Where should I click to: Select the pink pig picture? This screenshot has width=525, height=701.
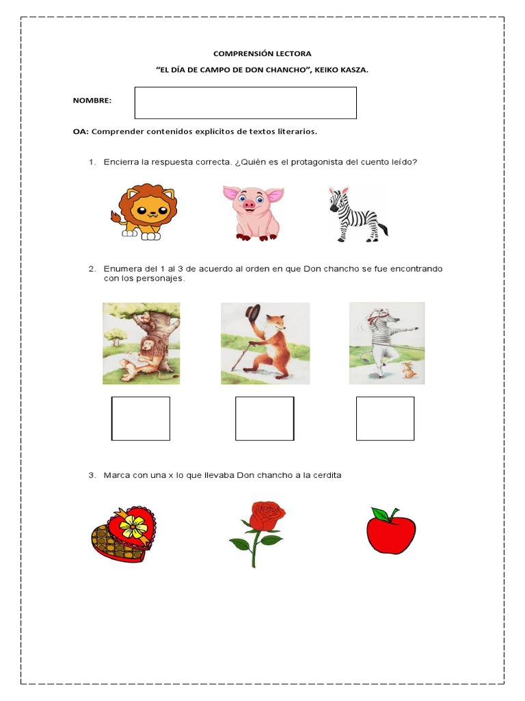click(x=252, y=212)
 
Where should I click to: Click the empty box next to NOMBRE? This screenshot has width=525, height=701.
click(x=245, y=103)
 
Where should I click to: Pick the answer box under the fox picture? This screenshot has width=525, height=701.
click(x=265, y=418)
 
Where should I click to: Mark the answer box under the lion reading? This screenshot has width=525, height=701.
click(x=141, y=418)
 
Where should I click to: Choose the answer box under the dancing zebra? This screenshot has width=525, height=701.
click(x=385, y=418)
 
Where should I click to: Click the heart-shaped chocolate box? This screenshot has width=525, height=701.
click(x=124, y=533)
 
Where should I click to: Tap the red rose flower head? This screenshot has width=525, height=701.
click(x=266, y=515)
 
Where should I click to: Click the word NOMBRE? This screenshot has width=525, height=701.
click(x=92, y=101)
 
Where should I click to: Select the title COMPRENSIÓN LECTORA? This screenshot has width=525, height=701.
click(x=262, y=53)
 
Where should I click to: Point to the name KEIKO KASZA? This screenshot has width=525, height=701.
click(x=340, y=70)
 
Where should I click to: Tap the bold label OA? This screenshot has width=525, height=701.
click(x=81, y=131)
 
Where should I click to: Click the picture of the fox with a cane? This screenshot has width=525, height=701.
click(x=265, y=343)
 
